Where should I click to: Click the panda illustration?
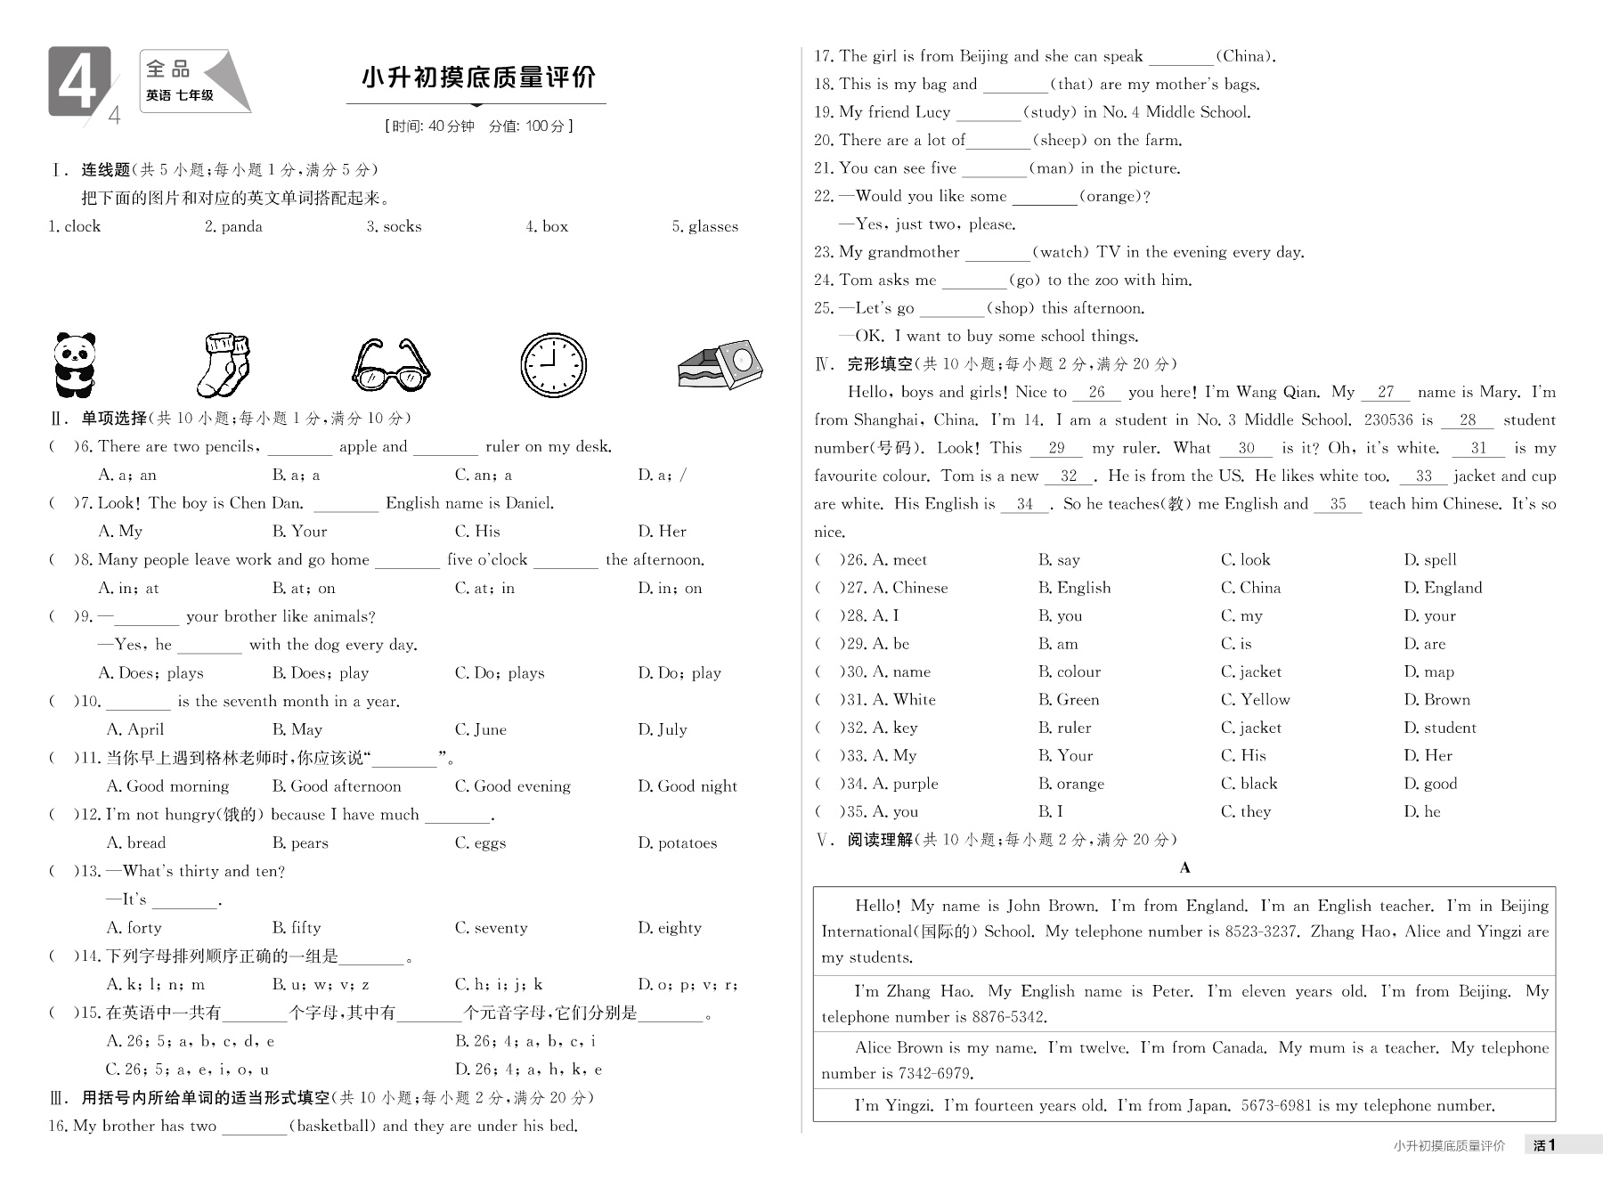click(x=74, y=364)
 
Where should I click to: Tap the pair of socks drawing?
click(x=224, y=365)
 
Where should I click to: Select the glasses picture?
click(x=391, y=365)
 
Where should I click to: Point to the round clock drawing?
click(x=553, y=365)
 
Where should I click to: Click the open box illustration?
click(x=720, y=364)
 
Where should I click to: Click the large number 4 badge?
click(x=79, y=82)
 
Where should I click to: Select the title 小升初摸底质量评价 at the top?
click(x=478, y=77)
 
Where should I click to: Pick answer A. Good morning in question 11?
click(x=167, y=786)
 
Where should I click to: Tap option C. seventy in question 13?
click(x=491, y=928)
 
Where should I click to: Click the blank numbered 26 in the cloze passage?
click(x=1096, y=393)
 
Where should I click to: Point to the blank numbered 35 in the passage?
click(x=1338, y=504)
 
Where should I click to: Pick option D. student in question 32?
click(x=1440, y=728)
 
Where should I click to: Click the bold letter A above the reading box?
click(x=1184, y=868)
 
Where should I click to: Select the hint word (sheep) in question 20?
click(x=1060, y=141)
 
